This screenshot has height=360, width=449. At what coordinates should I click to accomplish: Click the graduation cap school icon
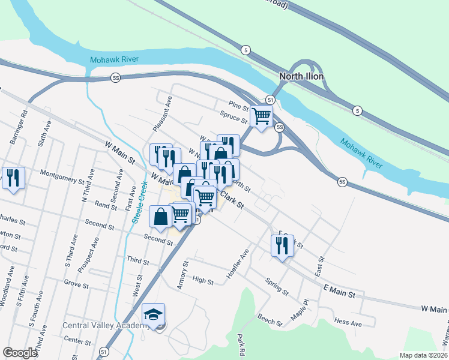tap(153, 314)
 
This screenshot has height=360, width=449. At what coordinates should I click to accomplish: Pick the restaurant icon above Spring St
tap(282, 245)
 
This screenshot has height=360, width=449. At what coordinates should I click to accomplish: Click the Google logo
tap(20, 352)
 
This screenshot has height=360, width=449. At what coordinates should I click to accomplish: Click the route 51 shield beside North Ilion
tap(271, 100)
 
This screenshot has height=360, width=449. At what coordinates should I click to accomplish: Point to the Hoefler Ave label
tap(237, 263)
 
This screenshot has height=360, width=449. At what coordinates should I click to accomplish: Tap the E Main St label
tap(339, 292)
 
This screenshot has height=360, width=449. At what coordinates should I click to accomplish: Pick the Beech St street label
tap(270, 319)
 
